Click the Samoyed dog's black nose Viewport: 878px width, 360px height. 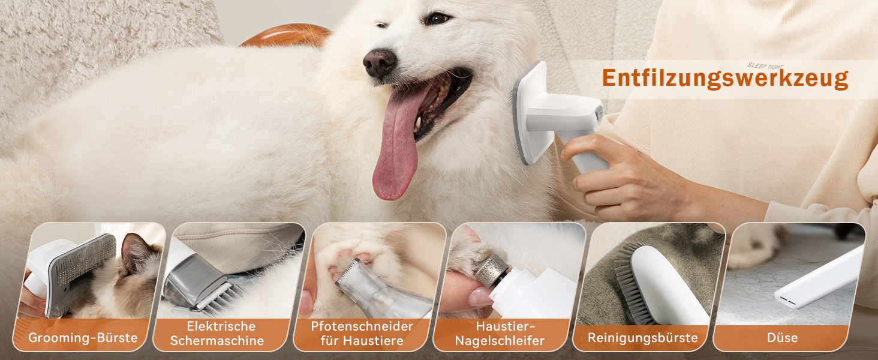[x=379, y=63]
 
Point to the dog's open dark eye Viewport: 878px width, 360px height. [x=437, y=18]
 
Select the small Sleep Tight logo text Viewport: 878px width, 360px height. [x=765, y=66]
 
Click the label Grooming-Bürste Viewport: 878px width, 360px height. [x=83, y=338]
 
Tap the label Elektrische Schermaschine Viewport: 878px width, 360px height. [x=217, y=334]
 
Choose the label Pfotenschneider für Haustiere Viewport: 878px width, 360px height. [x=362, y=334]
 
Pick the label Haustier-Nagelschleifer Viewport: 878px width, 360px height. [x=500, y=334]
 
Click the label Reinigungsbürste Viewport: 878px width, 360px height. [x=643, y=338]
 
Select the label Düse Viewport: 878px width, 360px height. [x=783, y=338]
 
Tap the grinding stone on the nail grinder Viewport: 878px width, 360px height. [x=492, y=269]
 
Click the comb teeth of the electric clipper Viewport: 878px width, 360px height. [x=219, y=298]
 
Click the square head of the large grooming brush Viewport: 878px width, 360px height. [x=529, y=112]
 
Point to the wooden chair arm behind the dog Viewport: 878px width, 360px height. [x=286, y=35]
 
